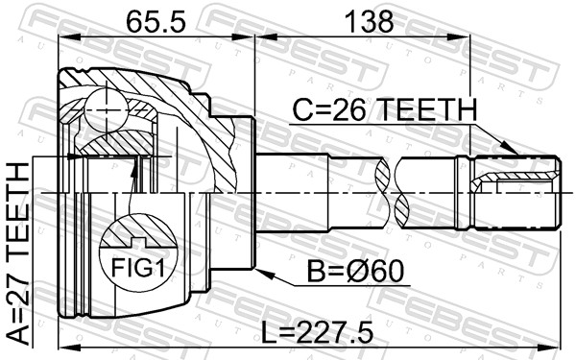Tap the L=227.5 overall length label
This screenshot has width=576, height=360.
(x=317, y=331)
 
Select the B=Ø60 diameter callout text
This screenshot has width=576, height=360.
(x=355, y=271)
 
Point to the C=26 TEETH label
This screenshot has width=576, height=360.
(x=385, y=109)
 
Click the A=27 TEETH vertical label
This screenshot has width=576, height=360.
(x=18, y=254)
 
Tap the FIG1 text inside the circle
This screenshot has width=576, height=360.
(x=137, y=267)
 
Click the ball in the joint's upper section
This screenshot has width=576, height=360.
(x=107, y=109)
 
